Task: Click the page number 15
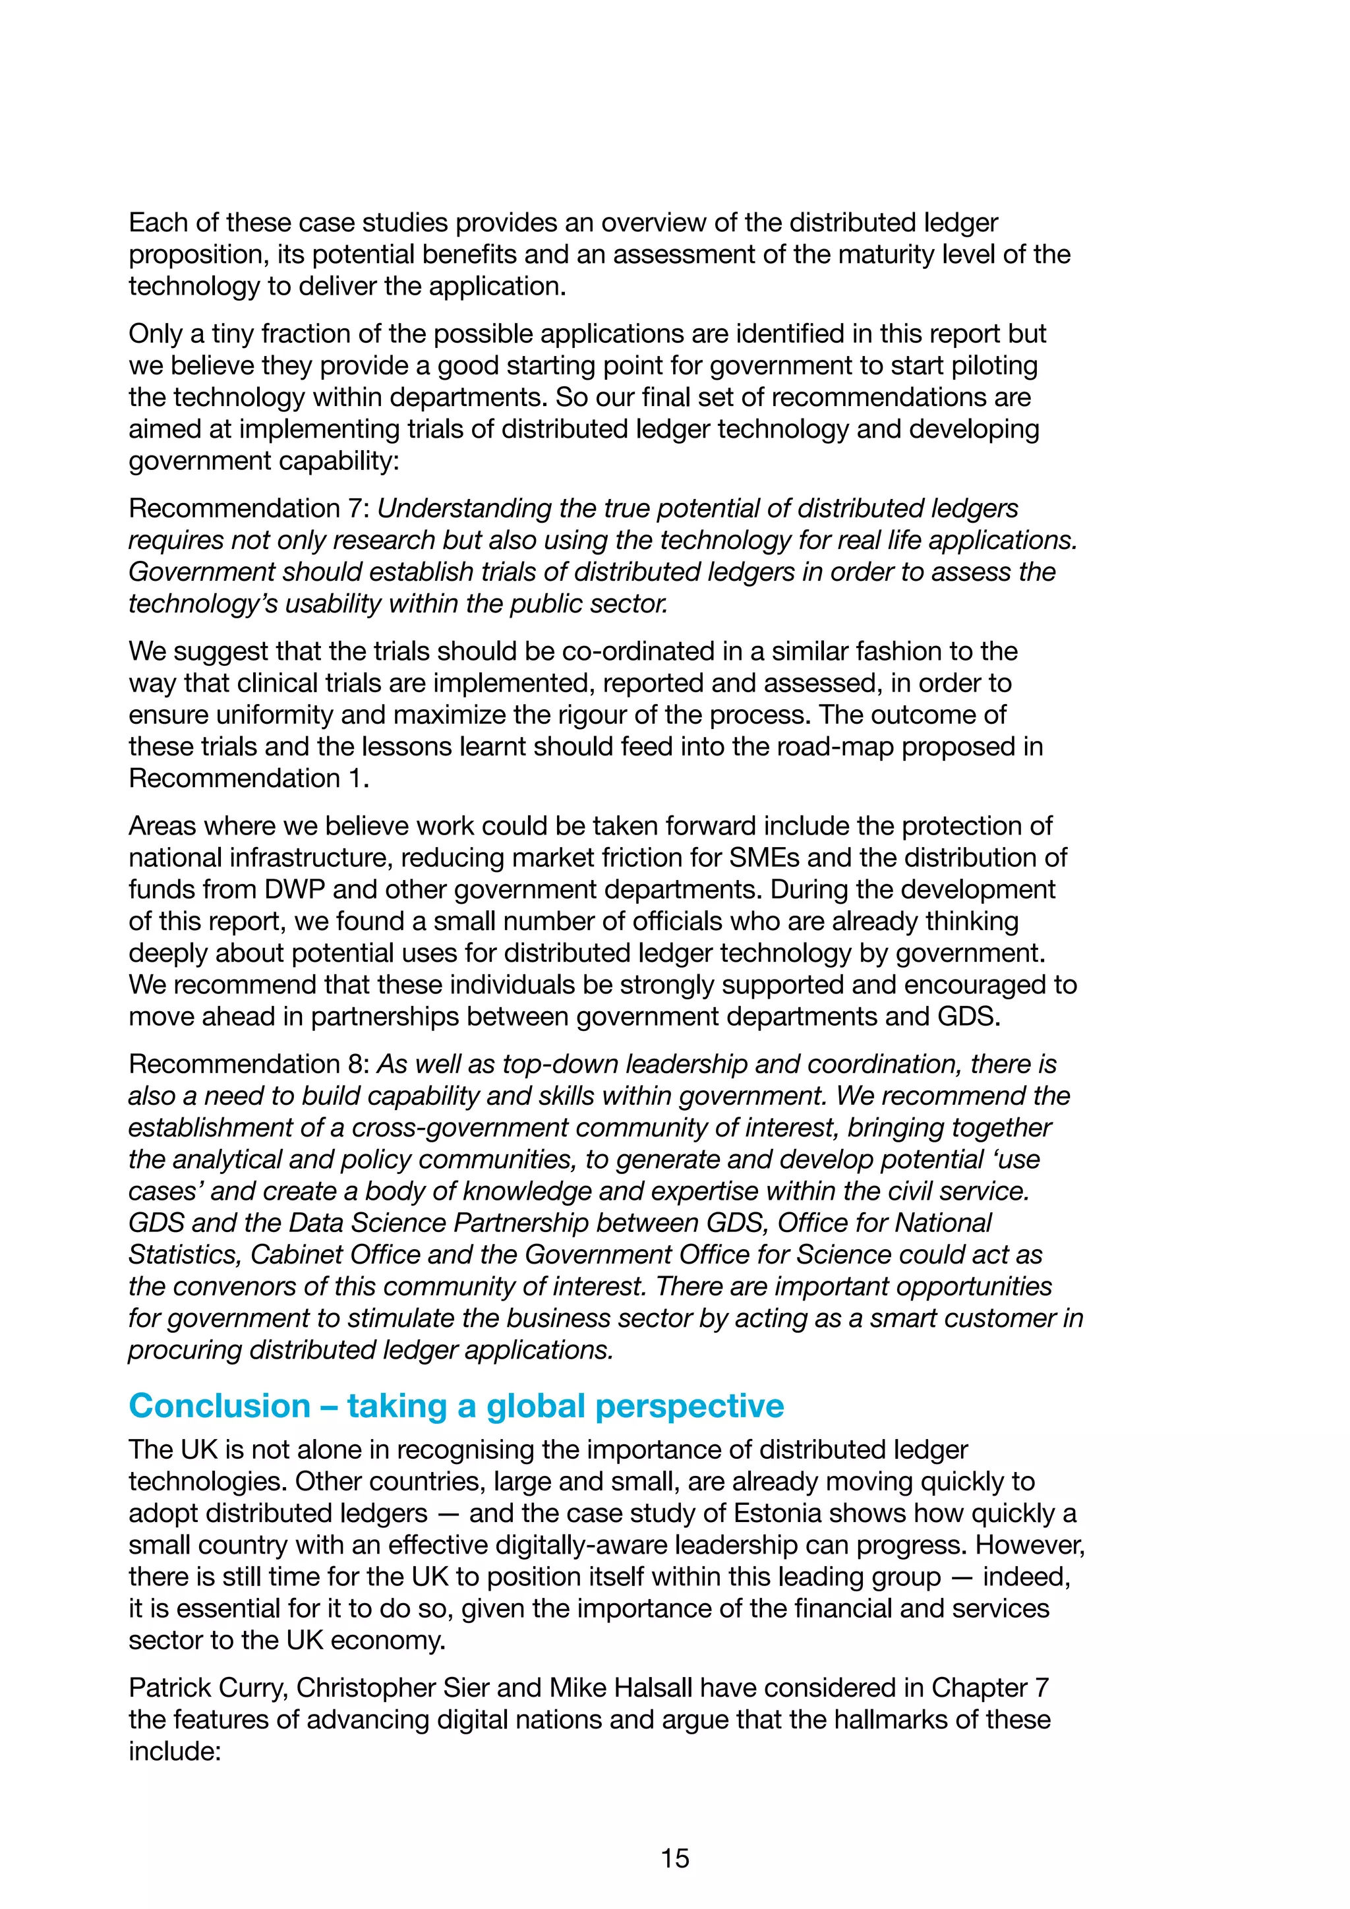point(674,1858)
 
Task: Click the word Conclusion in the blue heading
point(220,1406)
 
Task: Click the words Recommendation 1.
point(248,778)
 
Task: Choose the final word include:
point(174,1751)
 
